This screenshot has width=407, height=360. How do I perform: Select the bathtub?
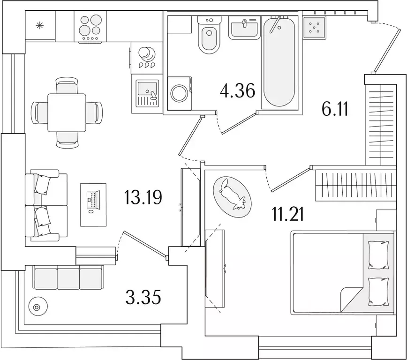279,61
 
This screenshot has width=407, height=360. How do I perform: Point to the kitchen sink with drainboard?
147,93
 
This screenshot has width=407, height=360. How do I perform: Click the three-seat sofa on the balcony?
68,277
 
